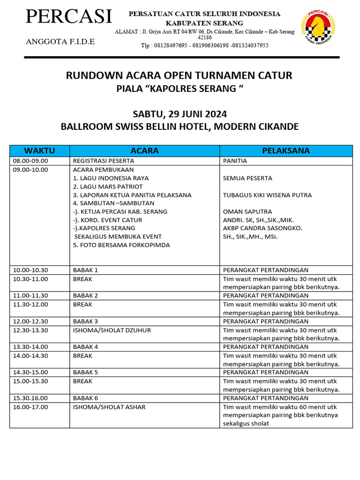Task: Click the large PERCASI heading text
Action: pos(69,17)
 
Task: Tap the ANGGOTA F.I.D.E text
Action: pos(60,42)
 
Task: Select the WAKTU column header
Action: pos(39,150)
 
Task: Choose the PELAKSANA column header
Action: pos(286,150)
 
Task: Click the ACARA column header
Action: pos(144,150)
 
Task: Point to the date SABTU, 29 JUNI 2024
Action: pos(180,114)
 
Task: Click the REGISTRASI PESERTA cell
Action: pos(104,161)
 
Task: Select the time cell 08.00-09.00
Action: pos(30,161)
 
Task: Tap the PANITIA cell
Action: pos(235,161)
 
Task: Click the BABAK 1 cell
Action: pos(86,270)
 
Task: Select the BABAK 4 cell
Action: pos(86,347)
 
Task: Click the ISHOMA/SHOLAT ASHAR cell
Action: pos(109,407)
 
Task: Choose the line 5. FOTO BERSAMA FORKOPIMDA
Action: pos(121,245)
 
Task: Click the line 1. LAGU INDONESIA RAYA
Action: pos(111,178)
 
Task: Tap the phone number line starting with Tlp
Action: pos(204,45)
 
